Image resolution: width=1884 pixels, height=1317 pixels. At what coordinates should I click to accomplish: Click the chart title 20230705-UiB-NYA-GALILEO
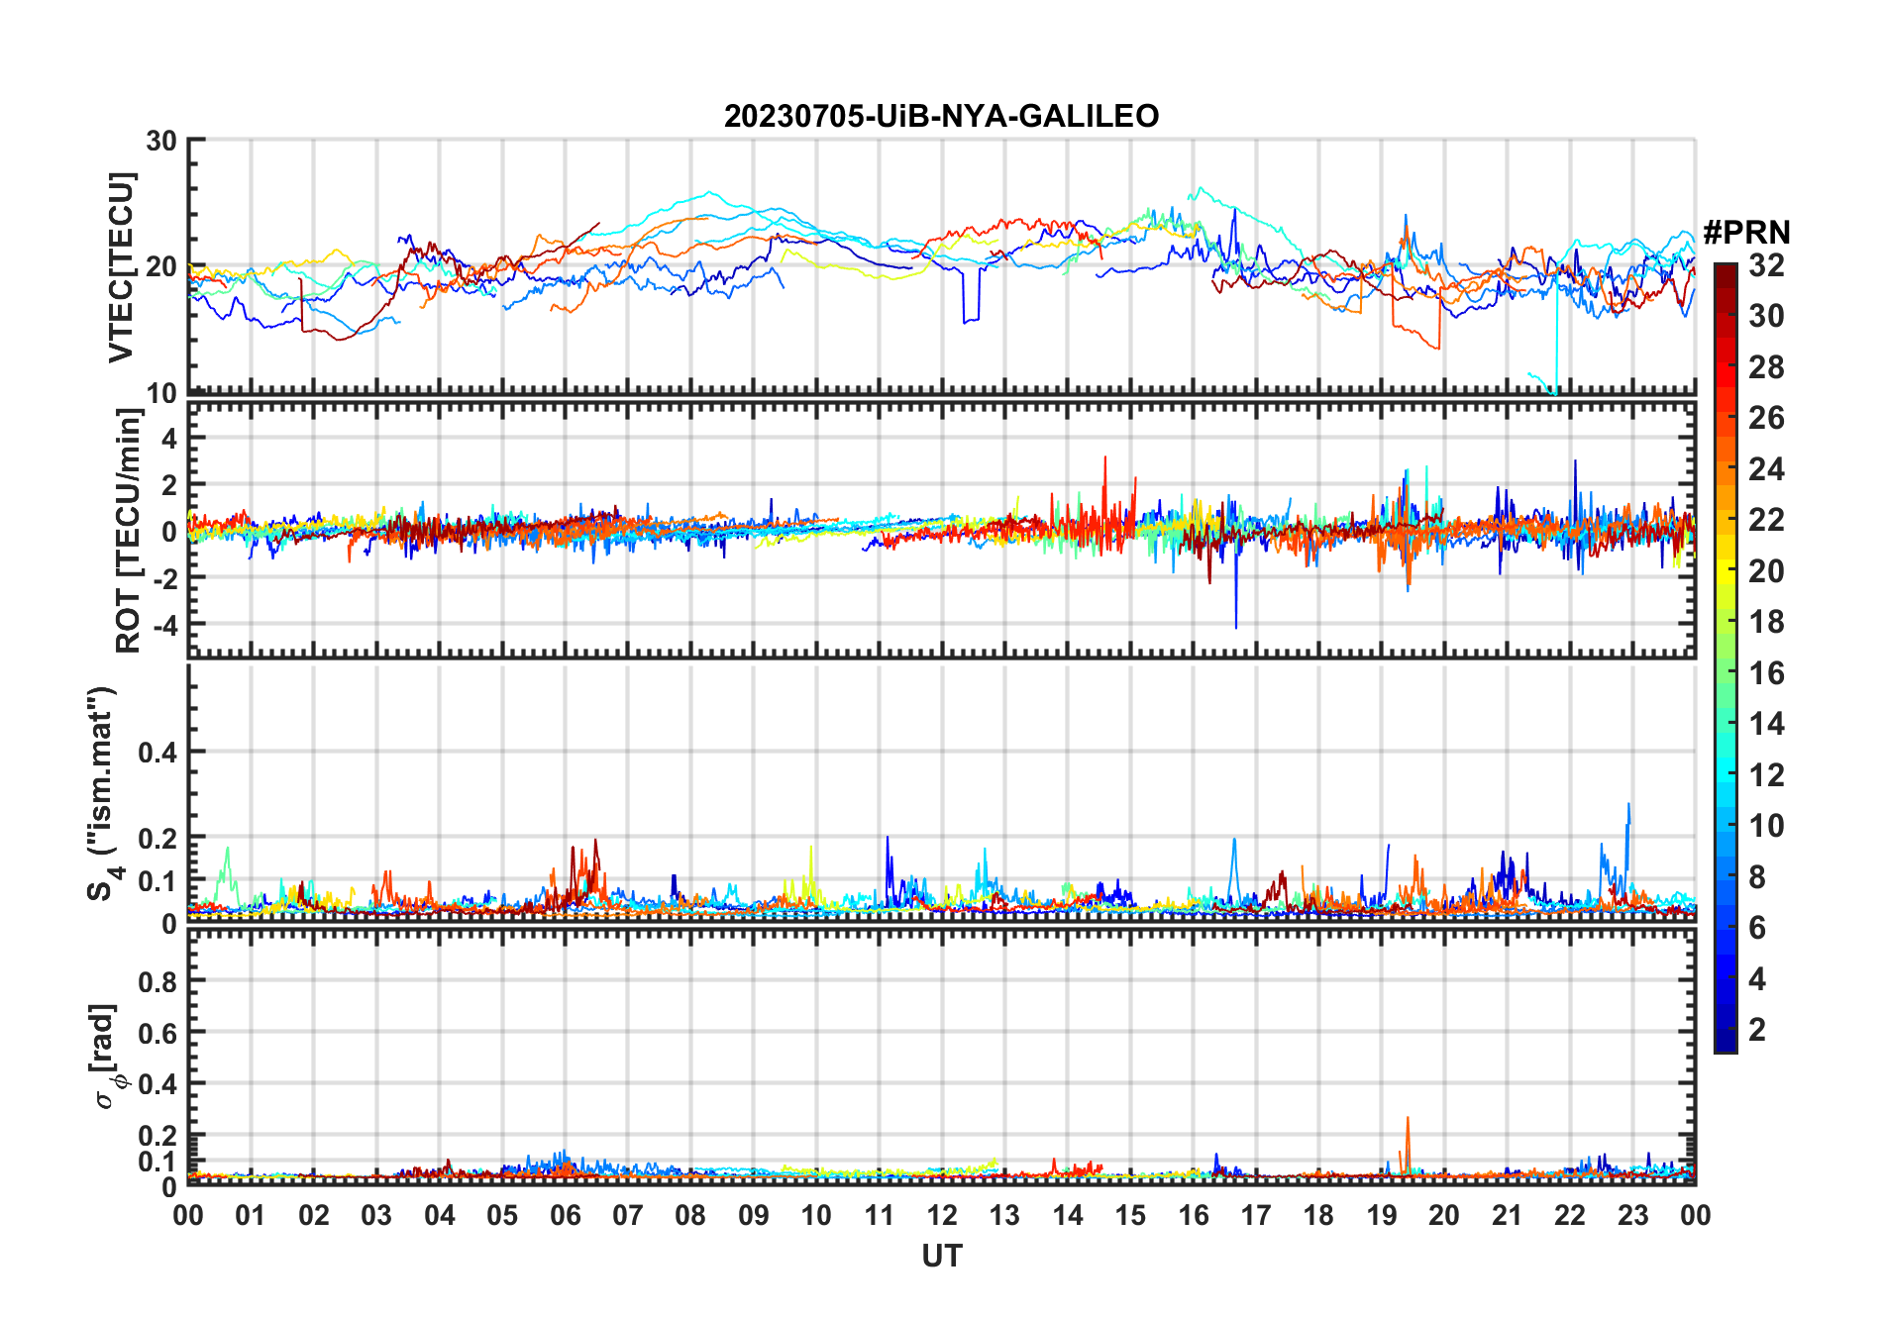[x=941, y=117]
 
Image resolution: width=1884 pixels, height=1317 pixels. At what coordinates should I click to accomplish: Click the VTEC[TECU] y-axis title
[x=121, y=267]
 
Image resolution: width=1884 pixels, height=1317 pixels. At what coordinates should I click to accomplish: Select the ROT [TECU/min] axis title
[x=129, y=531]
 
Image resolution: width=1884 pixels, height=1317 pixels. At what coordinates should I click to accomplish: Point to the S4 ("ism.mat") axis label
[x=102, y=793]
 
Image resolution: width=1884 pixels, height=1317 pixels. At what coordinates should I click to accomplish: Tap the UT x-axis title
[x=941, y=1257]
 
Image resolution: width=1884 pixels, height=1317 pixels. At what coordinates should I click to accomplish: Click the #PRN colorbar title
[x=1746, y=233]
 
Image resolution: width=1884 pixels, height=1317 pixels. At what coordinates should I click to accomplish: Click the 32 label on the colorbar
[x=1766, y=265]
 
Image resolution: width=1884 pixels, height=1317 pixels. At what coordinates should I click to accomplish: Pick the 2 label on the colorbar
[x=1757, y=1030]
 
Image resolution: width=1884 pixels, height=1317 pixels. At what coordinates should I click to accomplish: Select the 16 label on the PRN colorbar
[x=1766, y=673]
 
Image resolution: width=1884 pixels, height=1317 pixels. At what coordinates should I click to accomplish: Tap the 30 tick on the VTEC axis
[x=161, y=142]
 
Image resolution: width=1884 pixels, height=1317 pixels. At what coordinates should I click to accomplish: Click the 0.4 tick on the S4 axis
[x=157, y=753]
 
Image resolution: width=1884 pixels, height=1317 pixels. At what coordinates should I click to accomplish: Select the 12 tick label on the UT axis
[x=941, y=1216]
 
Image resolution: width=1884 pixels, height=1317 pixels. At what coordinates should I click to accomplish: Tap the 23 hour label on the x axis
[x=1632, y=1216]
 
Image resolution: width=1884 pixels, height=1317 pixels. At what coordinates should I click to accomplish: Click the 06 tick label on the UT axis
[x=565, y=1216]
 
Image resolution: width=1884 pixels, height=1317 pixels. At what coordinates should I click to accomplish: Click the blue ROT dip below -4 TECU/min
[x=1235, y=624]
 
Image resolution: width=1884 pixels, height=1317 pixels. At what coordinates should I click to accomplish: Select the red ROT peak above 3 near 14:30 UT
[x=1104, y=458]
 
